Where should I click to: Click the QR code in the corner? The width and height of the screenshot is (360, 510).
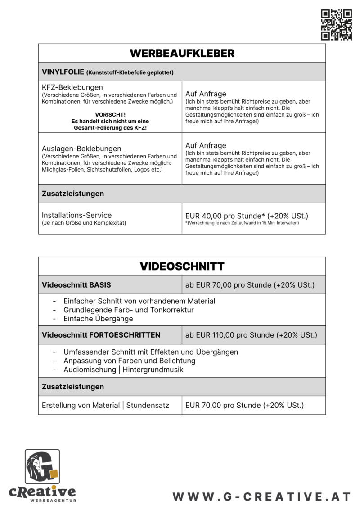336,25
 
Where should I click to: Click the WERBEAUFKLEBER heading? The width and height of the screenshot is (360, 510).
182,54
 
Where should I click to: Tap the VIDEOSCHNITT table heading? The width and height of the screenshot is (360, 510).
182,266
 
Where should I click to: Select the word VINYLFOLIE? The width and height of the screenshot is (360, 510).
63,72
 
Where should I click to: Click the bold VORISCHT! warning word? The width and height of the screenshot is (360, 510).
110,115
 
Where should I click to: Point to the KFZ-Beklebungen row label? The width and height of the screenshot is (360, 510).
72,87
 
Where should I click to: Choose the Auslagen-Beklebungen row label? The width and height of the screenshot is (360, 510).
81,149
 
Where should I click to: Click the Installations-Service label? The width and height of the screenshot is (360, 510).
76,215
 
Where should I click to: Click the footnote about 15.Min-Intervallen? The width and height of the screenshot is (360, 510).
242,223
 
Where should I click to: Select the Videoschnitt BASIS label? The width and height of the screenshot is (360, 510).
76,285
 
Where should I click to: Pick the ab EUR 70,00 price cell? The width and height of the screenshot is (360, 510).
250,285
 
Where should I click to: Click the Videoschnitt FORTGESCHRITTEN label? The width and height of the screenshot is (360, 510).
101,335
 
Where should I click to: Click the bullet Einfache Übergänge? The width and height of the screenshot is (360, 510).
98,319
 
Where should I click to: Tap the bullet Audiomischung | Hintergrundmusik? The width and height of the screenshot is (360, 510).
123,370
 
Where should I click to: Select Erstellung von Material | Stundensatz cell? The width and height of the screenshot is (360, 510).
105,405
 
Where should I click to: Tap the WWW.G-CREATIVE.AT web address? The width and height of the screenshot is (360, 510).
261,496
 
